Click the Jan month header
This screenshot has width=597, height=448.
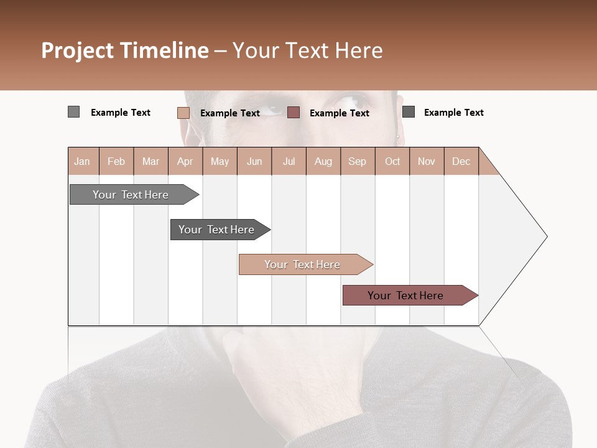click(x=83, y=161)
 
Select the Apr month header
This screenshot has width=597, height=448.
click(x=185, y=161)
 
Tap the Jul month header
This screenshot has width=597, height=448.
click(x=289, y=161)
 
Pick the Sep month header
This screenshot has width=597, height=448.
click(x=358, y=161)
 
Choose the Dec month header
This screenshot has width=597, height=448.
click(x=461, y=161)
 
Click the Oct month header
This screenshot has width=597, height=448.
click(x=392, y=161)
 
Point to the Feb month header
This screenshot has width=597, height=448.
click(x=116, y=161)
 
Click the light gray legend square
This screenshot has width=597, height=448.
click(x=73, y=112)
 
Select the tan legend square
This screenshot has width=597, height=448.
click(x=183, y=113)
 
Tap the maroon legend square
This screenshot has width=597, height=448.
click(x=294, y=113)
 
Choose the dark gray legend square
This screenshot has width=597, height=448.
click(x=409, y=112)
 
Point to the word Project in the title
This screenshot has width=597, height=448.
click(x=76, y=50)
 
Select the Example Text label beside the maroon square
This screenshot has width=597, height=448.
click(x=339, y=113)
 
